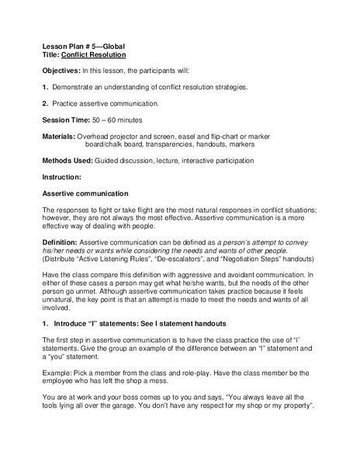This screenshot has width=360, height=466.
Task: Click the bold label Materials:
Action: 60,136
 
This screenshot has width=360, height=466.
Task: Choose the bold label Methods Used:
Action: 67,161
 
